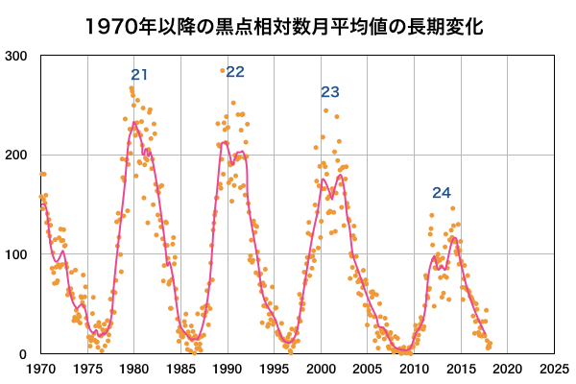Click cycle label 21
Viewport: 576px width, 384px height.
139,75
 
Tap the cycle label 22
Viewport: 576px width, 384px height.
235,72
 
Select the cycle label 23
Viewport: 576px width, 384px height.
330,92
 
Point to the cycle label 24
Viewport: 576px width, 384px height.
442,193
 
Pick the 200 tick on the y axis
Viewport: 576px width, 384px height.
16,155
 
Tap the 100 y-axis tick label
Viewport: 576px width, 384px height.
16,254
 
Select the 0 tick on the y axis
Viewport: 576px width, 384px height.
23,354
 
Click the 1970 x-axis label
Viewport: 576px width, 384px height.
41,369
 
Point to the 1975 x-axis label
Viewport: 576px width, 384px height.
87,369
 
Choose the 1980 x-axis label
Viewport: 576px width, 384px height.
134,369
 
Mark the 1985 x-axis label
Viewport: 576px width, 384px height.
180,369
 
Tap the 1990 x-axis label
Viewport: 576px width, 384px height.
228,369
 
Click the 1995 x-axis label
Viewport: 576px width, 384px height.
274,369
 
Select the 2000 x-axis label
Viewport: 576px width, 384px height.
321,369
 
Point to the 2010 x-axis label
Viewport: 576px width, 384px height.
414,369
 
